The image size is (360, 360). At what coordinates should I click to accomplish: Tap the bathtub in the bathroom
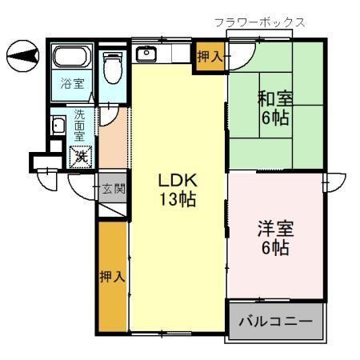73,58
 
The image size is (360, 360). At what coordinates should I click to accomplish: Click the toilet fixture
112,65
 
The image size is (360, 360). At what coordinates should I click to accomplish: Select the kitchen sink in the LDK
146,54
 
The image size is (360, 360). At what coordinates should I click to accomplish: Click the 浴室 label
73,84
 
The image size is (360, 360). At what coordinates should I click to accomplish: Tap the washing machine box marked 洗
82,155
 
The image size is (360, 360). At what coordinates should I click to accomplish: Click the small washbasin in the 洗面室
58,126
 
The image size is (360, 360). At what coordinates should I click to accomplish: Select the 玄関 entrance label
113,190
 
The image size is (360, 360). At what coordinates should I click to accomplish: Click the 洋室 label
274,227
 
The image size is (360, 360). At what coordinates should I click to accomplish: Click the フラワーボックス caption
260,22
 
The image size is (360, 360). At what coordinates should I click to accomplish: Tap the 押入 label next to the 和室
210,57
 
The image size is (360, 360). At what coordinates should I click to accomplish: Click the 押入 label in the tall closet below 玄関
112,277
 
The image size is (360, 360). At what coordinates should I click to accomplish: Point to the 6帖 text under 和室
274,120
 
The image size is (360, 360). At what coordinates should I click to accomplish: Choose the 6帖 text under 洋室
274,247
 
